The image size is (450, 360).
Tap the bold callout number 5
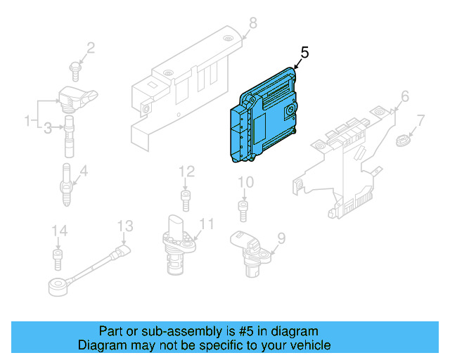coord(304,53)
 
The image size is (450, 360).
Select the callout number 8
coord(253,23)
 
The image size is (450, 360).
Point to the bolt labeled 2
coord(75,71)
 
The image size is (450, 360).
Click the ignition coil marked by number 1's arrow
coord(77,98)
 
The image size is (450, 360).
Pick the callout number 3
coord(48,128)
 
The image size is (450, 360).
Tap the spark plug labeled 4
coord(67,185)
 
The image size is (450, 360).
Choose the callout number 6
coord(405,96)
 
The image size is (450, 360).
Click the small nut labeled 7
coord(402,141)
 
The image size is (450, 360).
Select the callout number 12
coord(186,172)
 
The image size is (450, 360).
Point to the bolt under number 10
coord(243,212)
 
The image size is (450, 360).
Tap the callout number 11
coord(207,224)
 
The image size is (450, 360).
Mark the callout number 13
coord(125,226)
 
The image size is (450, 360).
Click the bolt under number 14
coord(58,260)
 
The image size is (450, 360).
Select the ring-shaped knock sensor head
coord(58,287)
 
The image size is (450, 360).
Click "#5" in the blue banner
coord(246,331)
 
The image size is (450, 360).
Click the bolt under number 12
coord(186,200)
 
